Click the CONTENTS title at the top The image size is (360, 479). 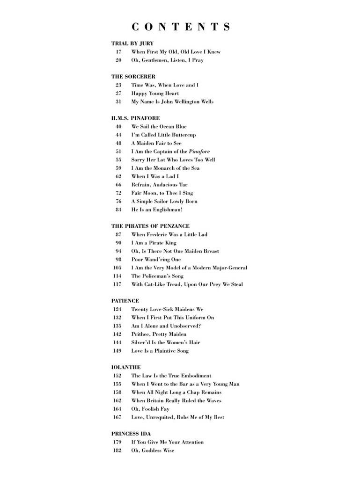[x=181, y=27]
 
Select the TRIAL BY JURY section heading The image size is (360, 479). [x=132, y=44]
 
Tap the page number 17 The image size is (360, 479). [x=118, y=52]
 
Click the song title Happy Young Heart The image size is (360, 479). [x=155, y=94]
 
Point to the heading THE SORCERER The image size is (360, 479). [x=133, y=77]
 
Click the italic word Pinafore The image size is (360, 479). [x=199, y=152]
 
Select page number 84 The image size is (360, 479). [x=118, y=210]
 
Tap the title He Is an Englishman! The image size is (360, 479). [x=157, y=210]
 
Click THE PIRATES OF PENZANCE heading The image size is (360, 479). [x=151, y=226]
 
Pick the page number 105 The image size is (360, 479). [x=117, y=268]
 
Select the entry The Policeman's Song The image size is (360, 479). [x=157, y=276]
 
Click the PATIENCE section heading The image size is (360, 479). [x=125, y=301]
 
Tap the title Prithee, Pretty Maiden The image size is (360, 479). [x=159, y=334]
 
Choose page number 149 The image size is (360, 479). [x=117, y=351]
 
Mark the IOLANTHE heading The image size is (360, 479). [x=126, y=368]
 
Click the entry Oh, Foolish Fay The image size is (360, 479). [x=150, y=409]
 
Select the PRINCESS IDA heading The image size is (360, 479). [x=131, y=434]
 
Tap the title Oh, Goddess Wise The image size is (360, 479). [x=153, y=450]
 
